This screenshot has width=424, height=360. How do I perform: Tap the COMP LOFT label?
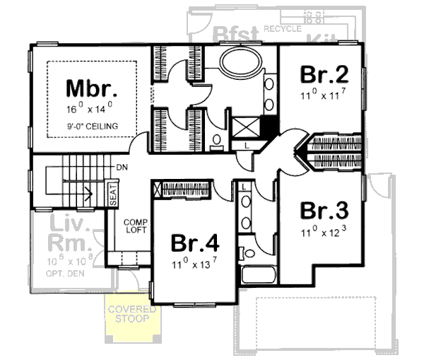pos(134,225)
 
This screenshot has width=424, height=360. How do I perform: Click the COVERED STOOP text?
pos(129,314)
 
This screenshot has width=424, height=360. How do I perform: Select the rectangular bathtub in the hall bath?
pos(257,277)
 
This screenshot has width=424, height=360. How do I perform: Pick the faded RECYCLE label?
pos(281,28)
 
